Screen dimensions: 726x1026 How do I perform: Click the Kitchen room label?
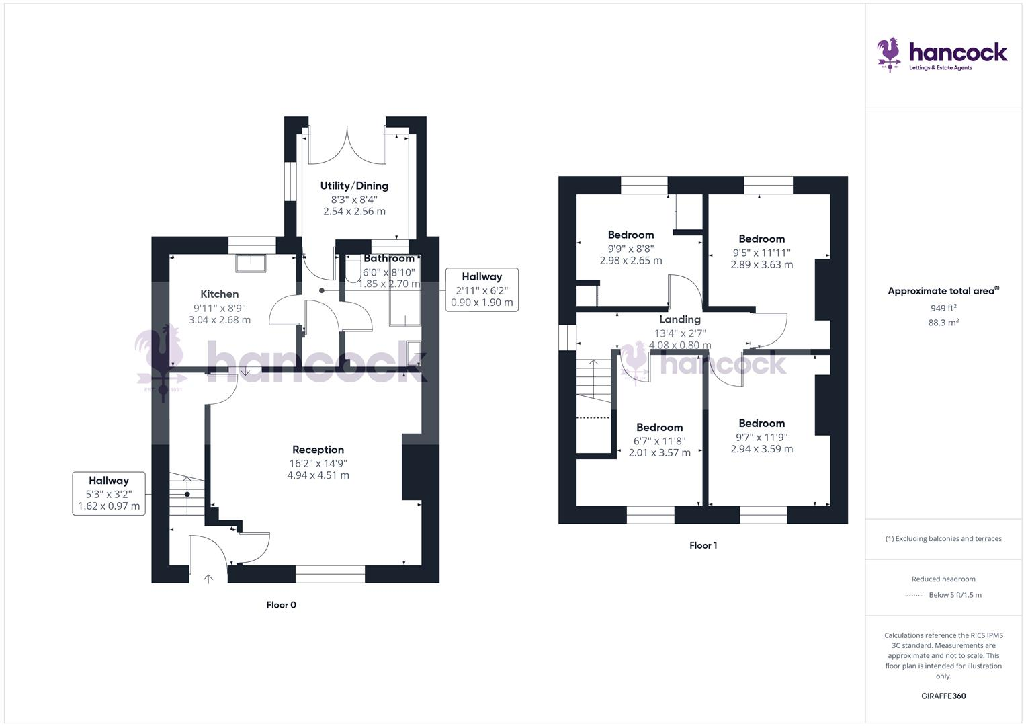pos(220,294)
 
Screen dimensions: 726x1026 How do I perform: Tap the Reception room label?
pos(318,450)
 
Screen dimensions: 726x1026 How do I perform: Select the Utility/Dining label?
pos(354,186)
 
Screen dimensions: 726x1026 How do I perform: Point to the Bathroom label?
pos(389,259)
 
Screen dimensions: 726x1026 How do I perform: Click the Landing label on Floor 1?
pos(679,319)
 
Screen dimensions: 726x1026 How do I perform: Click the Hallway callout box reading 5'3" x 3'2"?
pos(109,493)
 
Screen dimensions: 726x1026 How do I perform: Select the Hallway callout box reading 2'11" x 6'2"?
pos(482,289)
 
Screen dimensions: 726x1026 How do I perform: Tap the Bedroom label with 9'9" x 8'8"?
pos(631,235)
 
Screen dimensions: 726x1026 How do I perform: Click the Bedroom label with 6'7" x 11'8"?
pos(659,427)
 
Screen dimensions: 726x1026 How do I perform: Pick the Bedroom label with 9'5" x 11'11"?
pos(761,239)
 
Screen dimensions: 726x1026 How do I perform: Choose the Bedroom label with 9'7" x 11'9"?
pos(761,423)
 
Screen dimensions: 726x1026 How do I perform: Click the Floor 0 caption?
pos(281,605)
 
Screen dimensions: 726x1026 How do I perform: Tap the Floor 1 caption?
pos(703,545)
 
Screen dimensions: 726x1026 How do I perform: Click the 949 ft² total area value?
pos(943,308)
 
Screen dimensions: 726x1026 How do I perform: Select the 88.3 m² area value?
pos(943,323)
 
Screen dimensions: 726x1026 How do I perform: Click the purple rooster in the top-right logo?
pos(890,54)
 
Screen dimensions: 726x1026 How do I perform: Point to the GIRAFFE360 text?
pos(943,696)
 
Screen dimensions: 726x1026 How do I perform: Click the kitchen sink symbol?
pos(251,263)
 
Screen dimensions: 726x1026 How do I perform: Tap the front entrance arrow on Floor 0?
pos(208,579)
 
